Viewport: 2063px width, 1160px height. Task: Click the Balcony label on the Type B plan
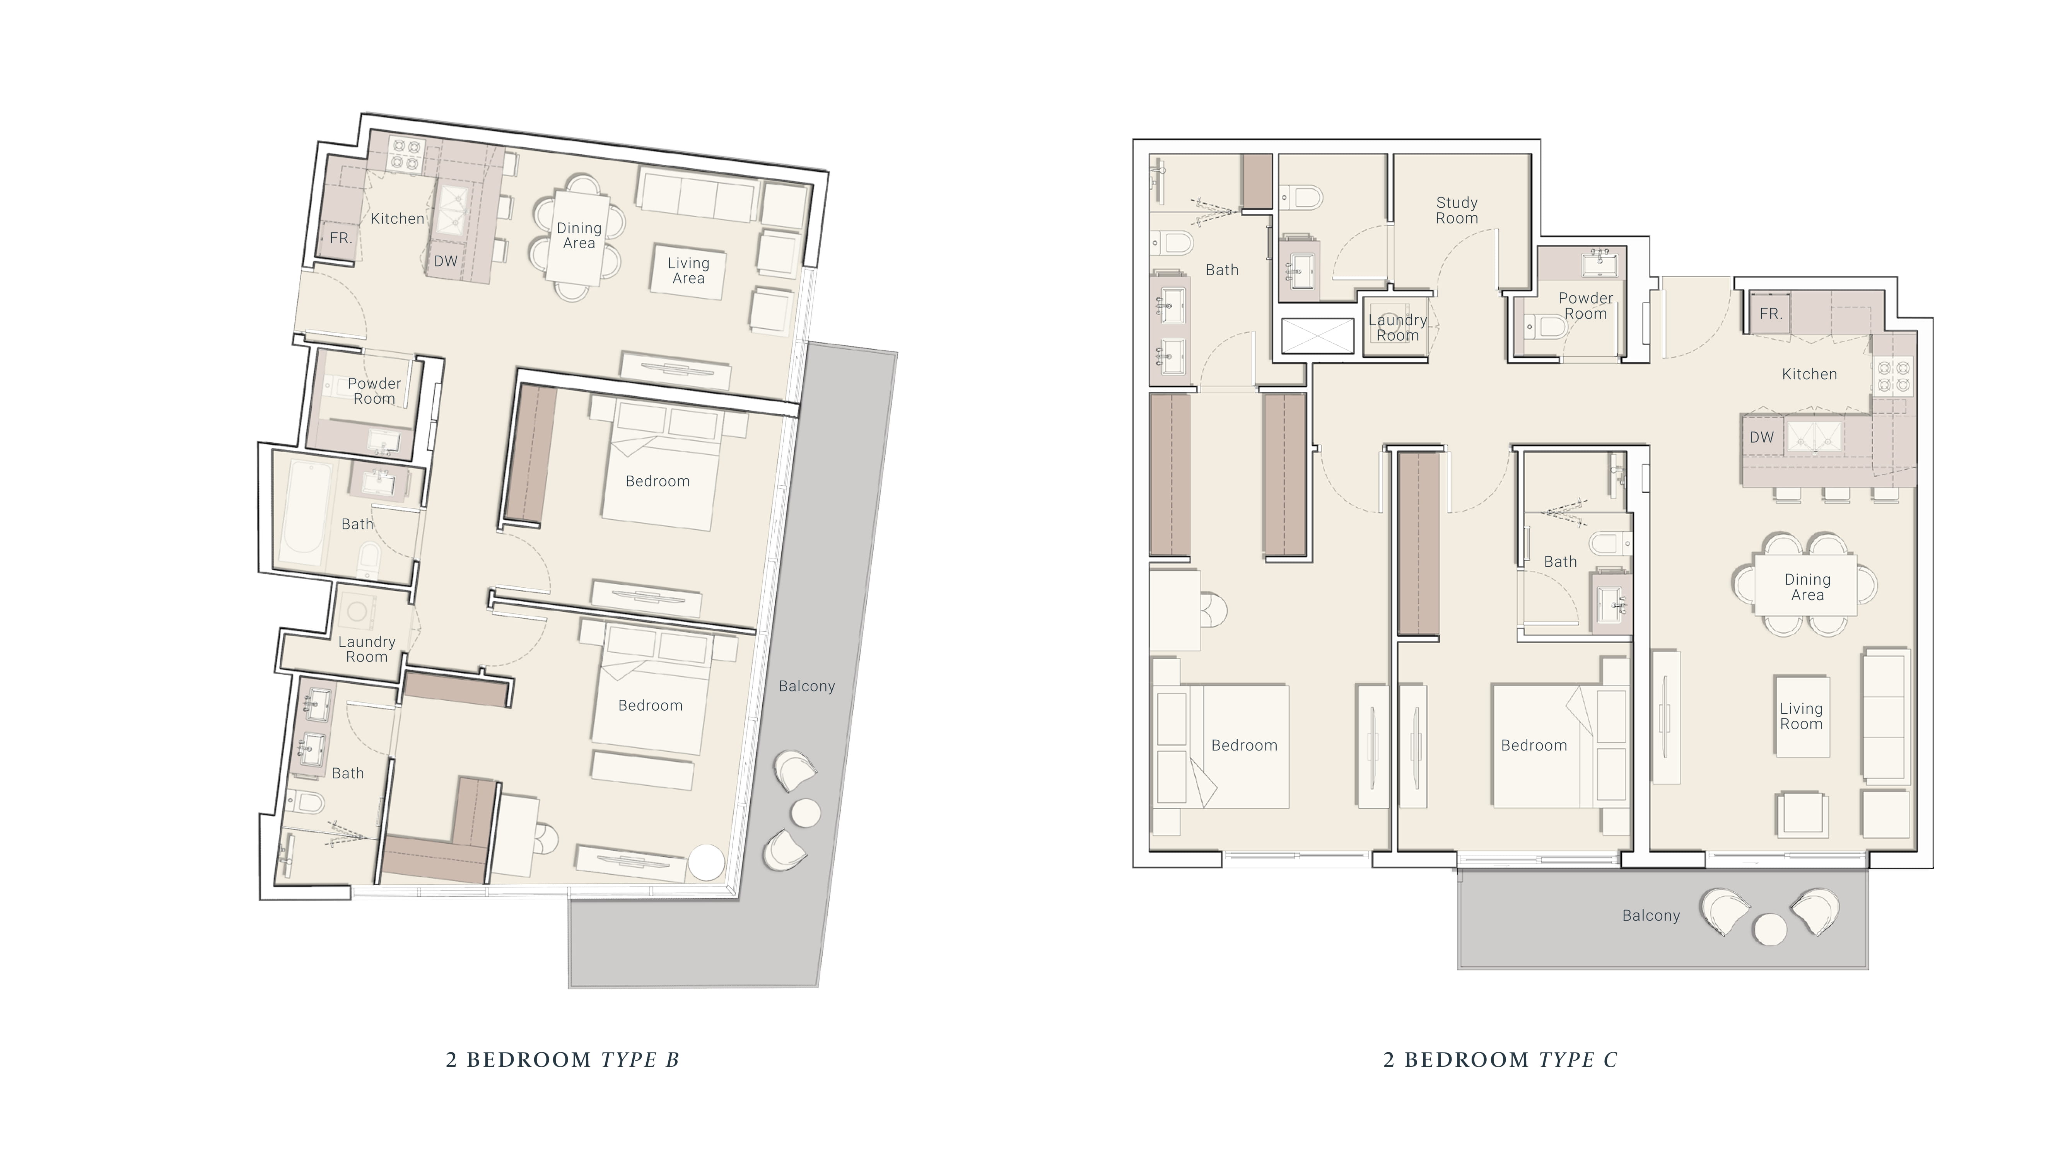click(x=806, y=686)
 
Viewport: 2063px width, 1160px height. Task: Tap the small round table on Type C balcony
click(x=1770, y=929)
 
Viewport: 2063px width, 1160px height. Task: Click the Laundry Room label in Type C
click(x=1397, y=328)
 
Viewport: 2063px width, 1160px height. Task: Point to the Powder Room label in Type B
click(x=374, y=391)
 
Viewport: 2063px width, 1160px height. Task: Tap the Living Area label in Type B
click(x=689, y=271)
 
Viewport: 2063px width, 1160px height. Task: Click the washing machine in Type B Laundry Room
click(x=357, y=612)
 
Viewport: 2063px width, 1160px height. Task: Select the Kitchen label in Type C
click(x=1809, y=374)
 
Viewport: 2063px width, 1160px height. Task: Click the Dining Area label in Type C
click(x=1807, y=587)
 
